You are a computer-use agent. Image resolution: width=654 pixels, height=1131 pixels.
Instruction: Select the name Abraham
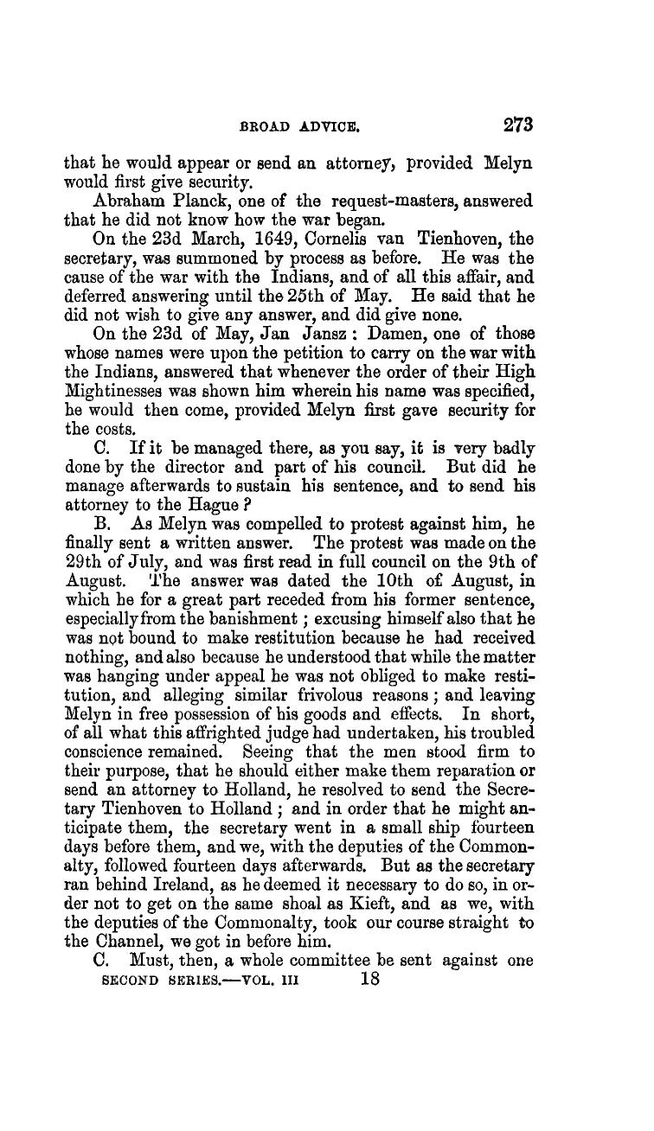117,199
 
